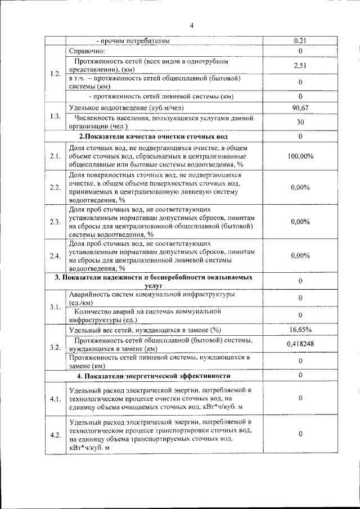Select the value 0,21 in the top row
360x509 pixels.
click(x=300, y=40)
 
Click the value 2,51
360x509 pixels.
click(x=300, y=66)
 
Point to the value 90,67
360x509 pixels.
click(x=300, y=107)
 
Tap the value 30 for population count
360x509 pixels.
click(x=300, y=122)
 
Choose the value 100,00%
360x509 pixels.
click(x=300, y=156)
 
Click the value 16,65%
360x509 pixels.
click(x=300, y=330)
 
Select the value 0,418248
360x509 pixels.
click(x=300, y=344)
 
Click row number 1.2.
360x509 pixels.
click(x=55, y=74)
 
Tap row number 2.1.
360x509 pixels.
click(x=55, y=156)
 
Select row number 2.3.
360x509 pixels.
click(x=55, y=222)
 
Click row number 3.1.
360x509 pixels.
click(x=55, y=307)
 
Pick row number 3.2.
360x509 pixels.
click(x=55, y=347)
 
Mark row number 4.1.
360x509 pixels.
click(x=55, y=399)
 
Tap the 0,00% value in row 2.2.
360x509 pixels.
click(x=300, y=187)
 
